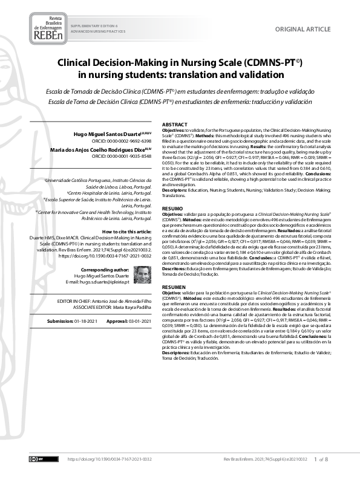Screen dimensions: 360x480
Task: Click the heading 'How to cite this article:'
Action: click(x=126, y=232)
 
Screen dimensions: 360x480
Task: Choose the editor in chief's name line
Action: click(x=103, y=300)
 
